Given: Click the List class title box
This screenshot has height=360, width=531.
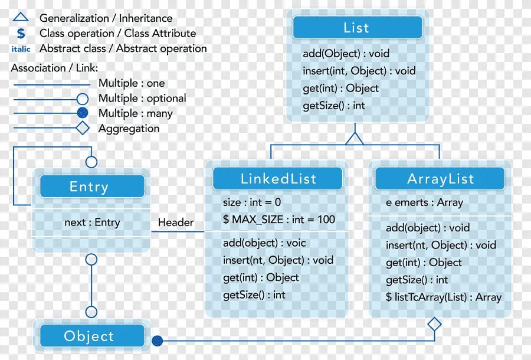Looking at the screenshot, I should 357,28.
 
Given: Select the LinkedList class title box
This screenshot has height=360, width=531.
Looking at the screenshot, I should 278,179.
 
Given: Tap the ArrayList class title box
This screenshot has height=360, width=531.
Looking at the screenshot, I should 440,179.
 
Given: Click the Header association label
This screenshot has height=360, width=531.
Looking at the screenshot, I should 176,222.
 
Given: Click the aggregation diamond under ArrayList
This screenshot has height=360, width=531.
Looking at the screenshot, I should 434,324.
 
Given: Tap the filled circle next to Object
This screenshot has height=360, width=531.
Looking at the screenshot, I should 157,341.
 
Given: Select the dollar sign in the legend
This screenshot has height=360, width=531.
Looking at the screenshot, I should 21,34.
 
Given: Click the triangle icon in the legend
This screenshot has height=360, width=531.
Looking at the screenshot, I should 21,18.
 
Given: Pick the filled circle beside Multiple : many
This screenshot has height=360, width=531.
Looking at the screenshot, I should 83,113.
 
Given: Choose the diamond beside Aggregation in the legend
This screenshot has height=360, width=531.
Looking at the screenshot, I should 83,128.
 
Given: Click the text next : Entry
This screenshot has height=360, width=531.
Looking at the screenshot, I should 92,222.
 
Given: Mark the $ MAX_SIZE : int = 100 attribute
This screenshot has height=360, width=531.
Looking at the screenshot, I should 278,220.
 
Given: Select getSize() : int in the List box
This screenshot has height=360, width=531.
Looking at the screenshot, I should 334,106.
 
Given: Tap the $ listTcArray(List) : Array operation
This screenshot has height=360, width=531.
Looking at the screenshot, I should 444,297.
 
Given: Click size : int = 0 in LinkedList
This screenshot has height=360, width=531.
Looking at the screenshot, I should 252,202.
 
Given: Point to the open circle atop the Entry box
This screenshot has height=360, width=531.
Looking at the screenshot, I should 91,161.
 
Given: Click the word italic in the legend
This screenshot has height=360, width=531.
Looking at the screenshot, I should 21,49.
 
